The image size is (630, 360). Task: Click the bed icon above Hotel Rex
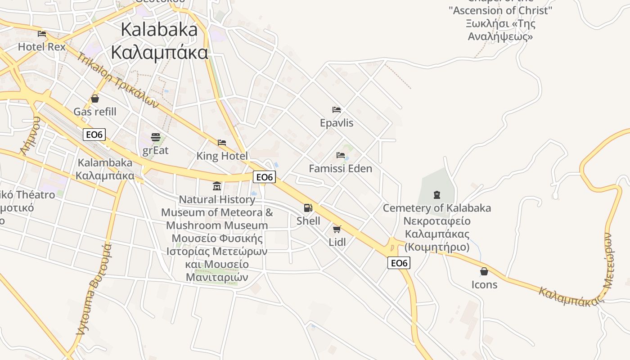42,33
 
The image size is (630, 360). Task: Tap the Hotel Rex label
42,47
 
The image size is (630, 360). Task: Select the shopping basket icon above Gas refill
95,98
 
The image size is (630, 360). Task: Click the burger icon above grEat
156,137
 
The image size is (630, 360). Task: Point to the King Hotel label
222,156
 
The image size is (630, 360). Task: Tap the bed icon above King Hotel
222,143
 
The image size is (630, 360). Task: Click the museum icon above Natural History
217,186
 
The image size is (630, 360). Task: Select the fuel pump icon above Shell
308,207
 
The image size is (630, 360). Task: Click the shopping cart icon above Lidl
337,229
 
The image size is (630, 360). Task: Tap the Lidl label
337,243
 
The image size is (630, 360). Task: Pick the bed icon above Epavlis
337,109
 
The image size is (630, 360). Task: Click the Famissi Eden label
340,169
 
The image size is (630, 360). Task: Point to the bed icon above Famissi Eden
341,155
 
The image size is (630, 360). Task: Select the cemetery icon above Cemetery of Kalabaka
436,195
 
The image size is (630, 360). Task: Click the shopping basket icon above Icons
484,271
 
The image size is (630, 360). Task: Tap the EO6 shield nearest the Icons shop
399,263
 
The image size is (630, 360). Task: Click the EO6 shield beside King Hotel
264,177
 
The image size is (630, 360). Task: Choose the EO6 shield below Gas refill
94,134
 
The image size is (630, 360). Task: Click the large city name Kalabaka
159,30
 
